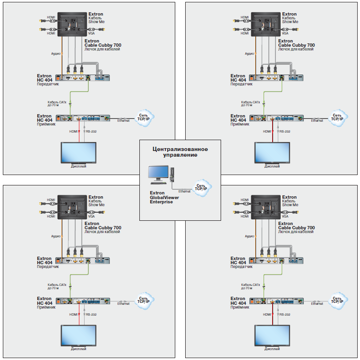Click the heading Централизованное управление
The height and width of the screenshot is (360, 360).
pyautogui.click(x=180, y=152)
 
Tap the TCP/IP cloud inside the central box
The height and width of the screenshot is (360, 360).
pyautogui.click(x=202, y=185)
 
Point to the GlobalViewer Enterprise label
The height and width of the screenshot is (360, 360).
pyautogui.click(x=161, y=197)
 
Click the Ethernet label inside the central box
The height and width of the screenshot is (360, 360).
pyautogui.click(x=184, y=191)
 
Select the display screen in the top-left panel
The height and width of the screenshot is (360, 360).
pyautogui.click(x=78, y=151)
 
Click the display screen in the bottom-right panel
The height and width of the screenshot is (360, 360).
pyautogui.click(x=272, y=335)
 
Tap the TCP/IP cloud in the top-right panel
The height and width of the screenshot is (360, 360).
pyautogui.click(x=337, y=117)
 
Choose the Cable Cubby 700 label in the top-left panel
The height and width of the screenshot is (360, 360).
pyautogui.click(x=103, y=45)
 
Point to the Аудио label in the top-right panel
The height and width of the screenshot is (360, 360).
pyautogui.click(x=249, y=54)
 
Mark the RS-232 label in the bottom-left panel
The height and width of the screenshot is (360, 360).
pyautogui.click(x=91, y=314)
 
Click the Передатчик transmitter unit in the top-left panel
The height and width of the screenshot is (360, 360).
pyautogui.click(x=82, y=78)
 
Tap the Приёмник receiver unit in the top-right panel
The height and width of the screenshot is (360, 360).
pyautogui.click(x=276, y=118)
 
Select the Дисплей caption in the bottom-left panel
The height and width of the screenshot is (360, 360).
pyautogui.click(x=78, y=349)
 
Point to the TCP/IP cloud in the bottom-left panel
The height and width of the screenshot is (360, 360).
pyautogui.click(x=143, y=299)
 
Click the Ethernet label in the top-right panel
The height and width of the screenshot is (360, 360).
pyautogui.click(x=317, y=120)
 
